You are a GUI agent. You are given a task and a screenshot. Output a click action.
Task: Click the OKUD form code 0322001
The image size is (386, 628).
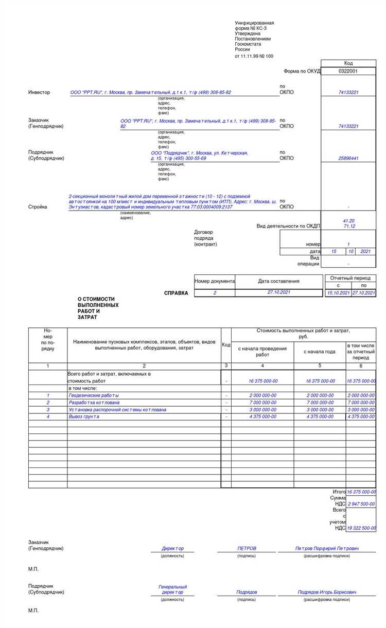(x=348, y=71)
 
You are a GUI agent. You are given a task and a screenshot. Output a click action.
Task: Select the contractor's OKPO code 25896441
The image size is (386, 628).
(x=348, y=159)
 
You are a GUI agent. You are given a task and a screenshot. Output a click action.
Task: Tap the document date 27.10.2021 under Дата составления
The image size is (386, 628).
(x=278, y=292)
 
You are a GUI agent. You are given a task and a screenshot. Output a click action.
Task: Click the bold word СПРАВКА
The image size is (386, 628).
(x=176, y=293)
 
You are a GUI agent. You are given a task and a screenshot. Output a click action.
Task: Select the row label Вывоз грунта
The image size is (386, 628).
(x=84, y=416)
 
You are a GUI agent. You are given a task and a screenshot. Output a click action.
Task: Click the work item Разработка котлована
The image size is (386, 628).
(x=94, y=403)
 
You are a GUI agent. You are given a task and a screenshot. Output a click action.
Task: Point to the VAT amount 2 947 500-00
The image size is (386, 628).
(x=361, y=504)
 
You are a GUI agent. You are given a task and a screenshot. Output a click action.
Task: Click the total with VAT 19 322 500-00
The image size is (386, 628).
(x=361, y=528)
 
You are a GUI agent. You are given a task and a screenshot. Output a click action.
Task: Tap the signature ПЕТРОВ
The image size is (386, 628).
(x=247, y=549)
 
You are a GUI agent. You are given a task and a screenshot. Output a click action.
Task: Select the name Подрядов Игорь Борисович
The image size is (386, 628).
(x=327, y=592)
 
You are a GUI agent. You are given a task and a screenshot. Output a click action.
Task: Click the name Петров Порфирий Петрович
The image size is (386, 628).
(x=327, y=549)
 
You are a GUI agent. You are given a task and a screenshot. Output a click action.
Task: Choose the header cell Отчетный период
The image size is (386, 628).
(x=350, y=278)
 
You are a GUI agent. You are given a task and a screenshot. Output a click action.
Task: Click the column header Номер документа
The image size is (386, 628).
(x=215, y=281)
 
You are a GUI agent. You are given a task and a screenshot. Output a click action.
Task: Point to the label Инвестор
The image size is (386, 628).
(x=39, y=93)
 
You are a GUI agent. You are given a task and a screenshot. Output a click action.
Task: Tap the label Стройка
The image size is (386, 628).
(x=38, y=207)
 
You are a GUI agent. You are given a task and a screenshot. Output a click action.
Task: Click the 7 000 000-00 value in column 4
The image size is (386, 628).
(x=262, y=403)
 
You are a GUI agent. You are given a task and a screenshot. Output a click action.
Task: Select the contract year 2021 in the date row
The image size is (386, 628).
(x=365, y=251)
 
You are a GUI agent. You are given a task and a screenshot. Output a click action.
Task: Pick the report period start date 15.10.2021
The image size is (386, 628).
(x=338, y=293)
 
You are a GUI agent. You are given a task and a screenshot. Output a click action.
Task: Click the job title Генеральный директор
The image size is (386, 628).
(x=172, y=589)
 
